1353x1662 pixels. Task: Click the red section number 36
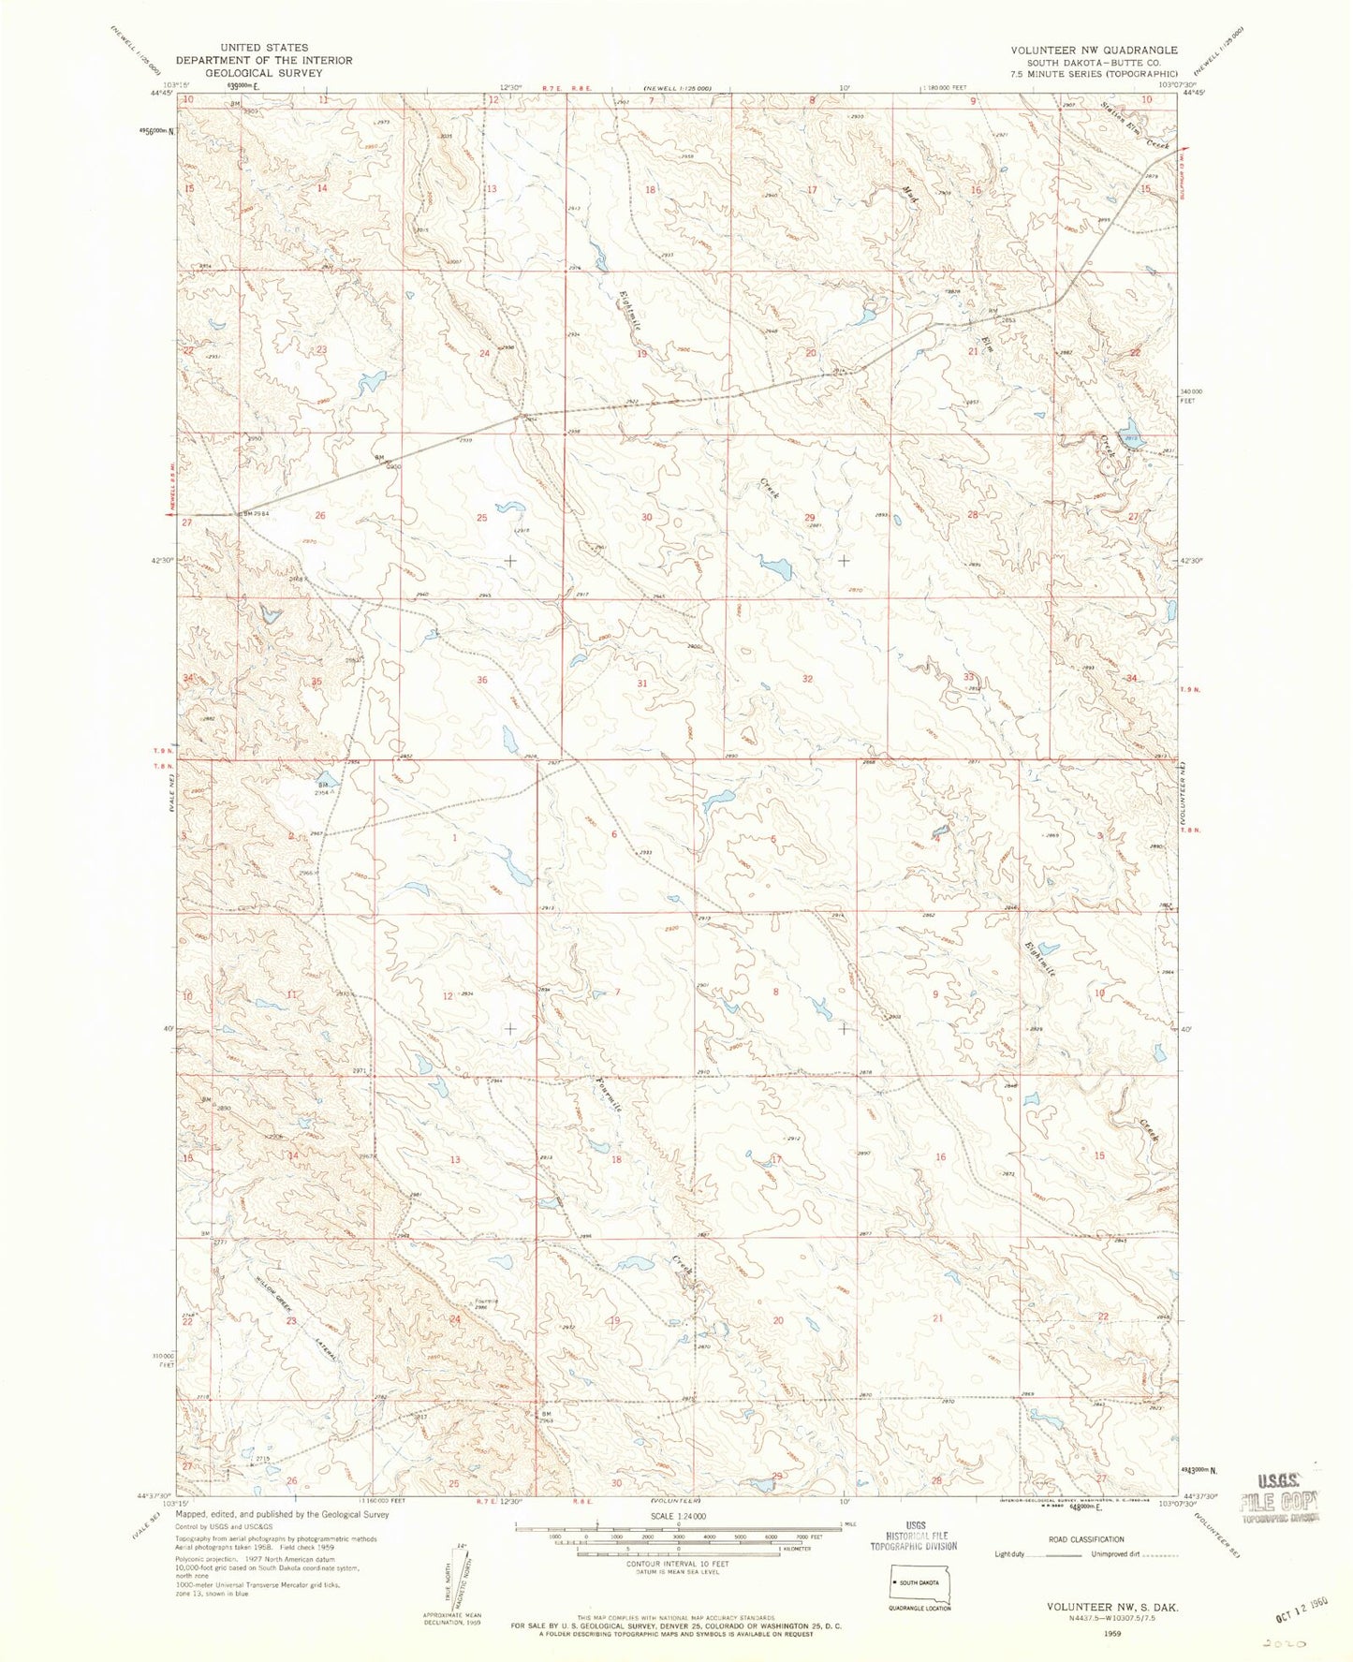pyautogui.click(x=482, y=681)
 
